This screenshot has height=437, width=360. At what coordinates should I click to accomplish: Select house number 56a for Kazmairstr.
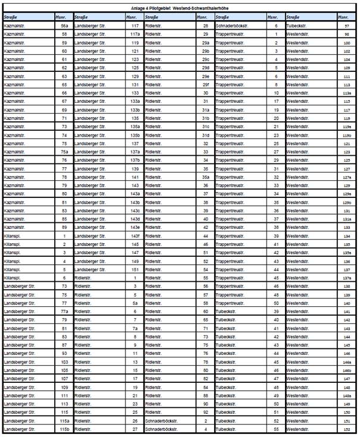(64, 27)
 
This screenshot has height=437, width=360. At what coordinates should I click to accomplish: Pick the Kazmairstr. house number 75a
(64, 152)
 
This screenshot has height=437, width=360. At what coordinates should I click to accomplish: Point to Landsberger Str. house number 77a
(64, 310)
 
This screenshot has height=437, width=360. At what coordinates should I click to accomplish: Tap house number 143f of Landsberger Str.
(135, 235)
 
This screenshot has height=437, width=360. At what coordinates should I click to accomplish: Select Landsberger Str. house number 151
(135, 269)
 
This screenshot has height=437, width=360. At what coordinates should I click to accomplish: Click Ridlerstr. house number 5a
(135, 302)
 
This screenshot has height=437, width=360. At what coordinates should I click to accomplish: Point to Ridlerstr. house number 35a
(206, 177)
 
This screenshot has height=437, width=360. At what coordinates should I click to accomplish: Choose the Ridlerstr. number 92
(206, 411)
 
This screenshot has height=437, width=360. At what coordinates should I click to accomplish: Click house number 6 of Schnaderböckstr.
(276, 27)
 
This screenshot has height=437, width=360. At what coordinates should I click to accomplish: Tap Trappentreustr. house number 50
(276, 302)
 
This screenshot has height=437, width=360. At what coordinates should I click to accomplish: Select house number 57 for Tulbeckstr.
(347, 27)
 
